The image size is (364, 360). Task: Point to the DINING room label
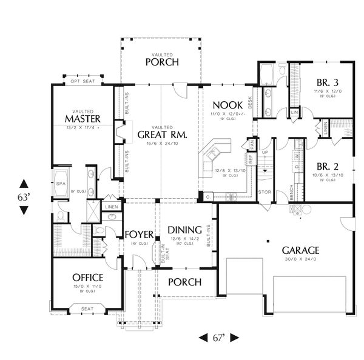185,230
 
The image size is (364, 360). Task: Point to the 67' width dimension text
219,338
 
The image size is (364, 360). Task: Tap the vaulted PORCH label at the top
161,62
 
